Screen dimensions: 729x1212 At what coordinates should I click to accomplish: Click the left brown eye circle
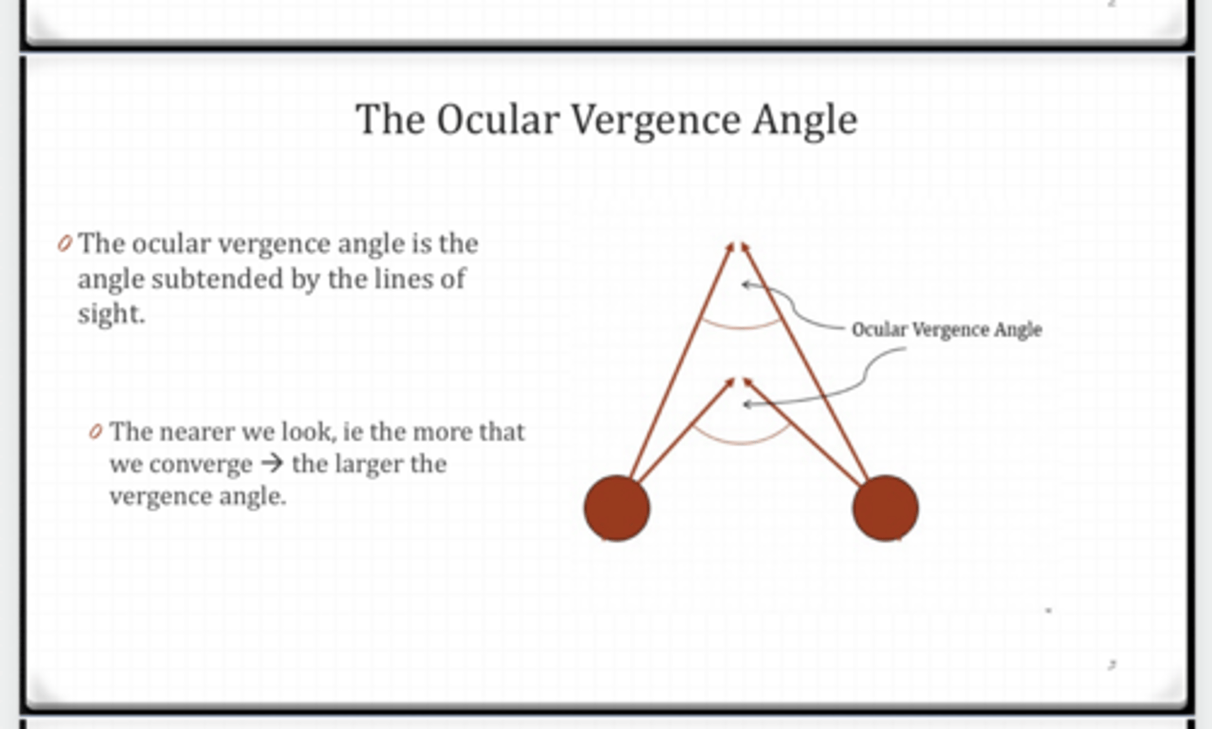(617, 508)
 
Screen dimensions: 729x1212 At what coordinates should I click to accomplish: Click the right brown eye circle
(885, 508)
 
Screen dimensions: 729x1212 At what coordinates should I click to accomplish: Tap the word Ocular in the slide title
(497, 119)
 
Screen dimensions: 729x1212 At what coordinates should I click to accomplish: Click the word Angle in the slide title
(805, 119)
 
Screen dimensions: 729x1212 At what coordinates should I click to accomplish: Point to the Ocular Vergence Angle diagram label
(946, 329)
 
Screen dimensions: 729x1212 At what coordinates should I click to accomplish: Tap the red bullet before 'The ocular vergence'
(64, 244)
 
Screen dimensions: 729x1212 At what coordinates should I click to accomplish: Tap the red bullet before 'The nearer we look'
(96, 432)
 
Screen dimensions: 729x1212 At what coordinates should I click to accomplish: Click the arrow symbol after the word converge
(272, 464)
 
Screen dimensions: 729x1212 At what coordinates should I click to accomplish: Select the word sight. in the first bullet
(111, 313)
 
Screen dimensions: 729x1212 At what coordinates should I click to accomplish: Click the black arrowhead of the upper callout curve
(745, 285)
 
